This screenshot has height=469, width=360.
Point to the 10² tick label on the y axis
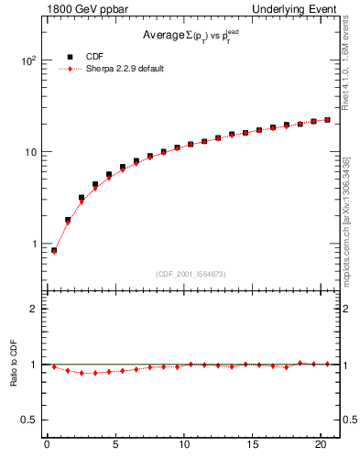point(27,60)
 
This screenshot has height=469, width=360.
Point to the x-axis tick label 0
point(47,446)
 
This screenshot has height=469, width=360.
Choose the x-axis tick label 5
point(115,446)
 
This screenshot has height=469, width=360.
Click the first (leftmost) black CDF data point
point(54,250)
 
